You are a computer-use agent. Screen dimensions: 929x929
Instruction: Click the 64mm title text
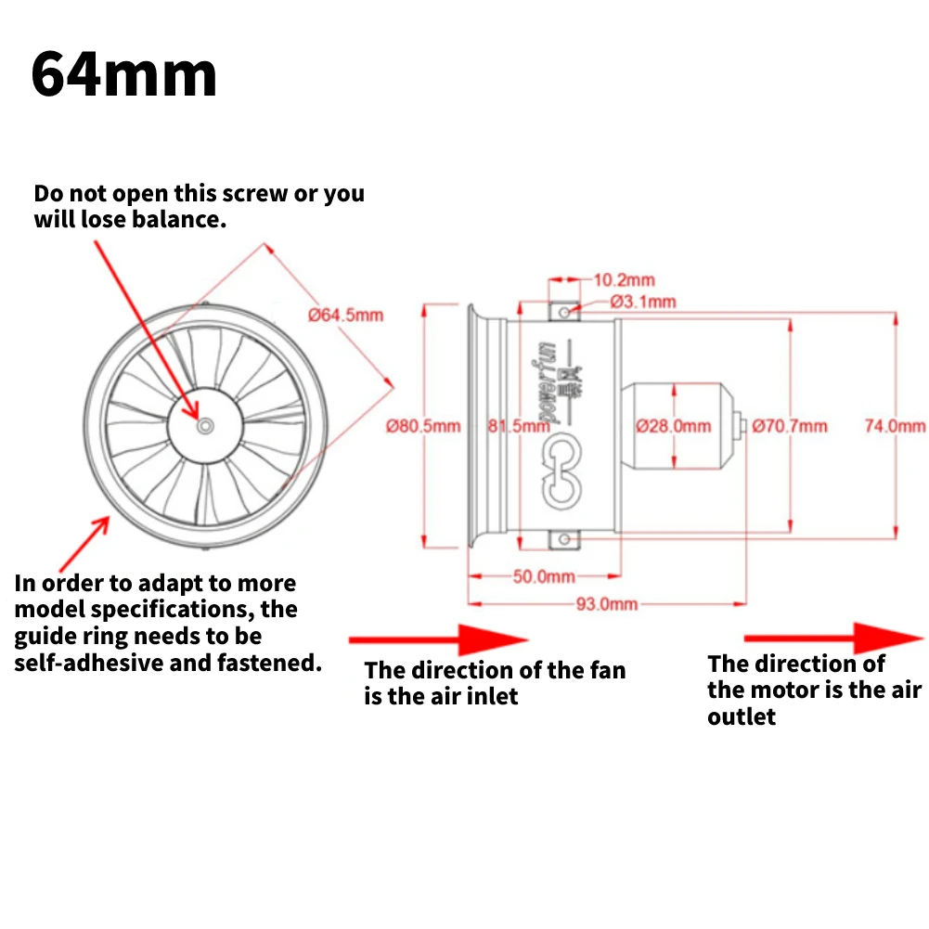[123, 76]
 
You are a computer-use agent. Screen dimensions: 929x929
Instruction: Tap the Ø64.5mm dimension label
[345, 315]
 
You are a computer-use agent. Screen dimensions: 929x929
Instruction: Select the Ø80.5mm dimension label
[423, 426]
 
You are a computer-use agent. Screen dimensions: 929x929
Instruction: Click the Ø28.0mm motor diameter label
[674, 426]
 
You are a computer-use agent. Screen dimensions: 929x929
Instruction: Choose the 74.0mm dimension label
[896, 426]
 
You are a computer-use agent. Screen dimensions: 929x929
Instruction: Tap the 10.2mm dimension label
[624, 279]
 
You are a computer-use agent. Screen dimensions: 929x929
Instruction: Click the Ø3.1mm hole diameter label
[643, 301]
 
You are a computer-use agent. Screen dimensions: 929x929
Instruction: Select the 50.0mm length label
[544, 576]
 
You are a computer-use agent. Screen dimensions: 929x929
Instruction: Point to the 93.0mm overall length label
[607, 603]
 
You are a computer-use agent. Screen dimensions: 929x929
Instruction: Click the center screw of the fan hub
[205, 425]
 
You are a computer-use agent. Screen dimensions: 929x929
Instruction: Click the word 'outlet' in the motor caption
[742, 716]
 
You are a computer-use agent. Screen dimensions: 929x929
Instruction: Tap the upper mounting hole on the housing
[565, 313]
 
